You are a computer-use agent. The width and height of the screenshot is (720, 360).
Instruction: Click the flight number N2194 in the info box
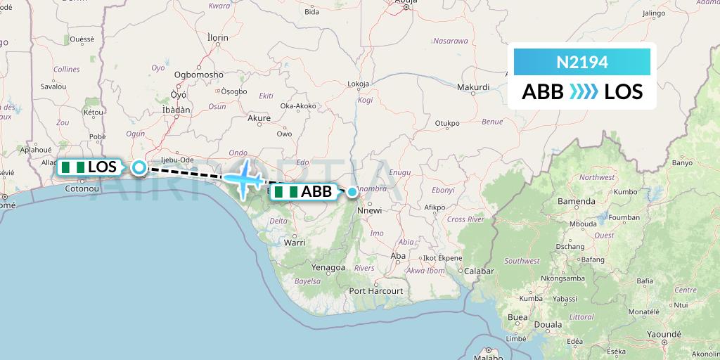[x=582, y=63]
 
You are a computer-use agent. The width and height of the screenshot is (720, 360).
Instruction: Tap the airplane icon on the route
[x=243, y=179]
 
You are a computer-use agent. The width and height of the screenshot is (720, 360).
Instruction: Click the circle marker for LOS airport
[x=139, y=167]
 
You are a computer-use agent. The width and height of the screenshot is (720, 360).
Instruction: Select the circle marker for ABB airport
[x=352, y=191]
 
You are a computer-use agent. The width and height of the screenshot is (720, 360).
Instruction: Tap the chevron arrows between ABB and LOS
[x=584, y=91]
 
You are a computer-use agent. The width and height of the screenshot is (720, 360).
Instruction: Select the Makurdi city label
[x=473, y=87]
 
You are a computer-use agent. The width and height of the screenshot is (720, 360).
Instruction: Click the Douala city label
[x=548, y=325]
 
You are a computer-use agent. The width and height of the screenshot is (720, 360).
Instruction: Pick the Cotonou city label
[x=81, y=188]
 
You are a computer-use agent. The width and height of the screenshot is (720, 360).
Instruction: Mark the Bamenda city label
[x=576, y=201]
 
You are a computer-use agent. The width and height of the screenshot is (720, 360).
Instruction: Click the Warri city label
[x=294, y=243]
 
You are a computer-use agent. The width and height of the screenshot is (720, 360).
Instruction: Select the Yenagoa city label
[x=328, y=268]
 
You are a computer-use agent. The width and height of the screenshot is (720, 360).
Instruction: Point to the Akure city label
[x=259, y=118]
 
